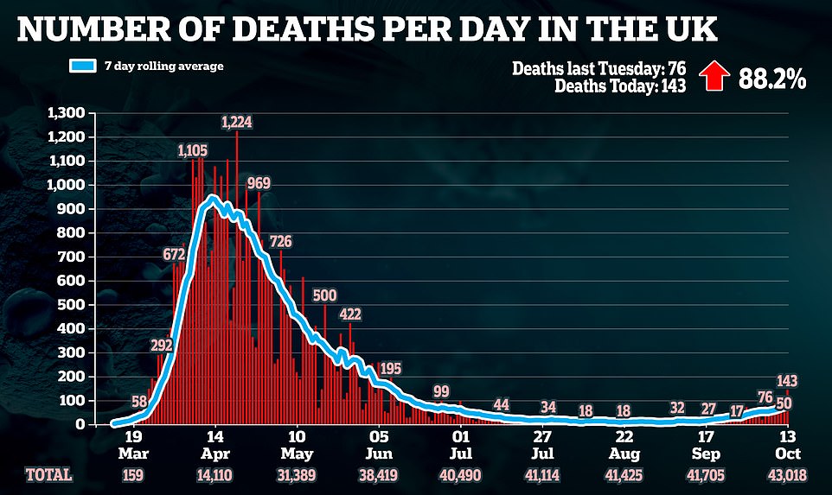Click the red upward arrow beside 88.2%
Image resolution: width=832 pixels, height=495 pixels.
click(712, 78)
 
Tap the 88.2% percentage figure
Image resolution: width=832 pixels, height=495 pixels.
click(771, 79)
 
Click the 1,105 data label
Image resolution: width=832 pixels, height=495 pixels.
click(193, 150)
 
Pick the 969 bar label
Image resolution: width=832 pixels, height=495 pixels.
click(257, 183)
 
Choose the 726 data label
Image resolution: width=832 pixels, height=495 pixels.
click(280, 241)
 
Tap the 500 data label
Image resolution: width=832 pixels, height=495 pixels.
click(324, 295)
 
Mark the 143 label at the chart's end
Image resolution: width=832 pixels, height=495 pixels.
click(786, 381)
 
